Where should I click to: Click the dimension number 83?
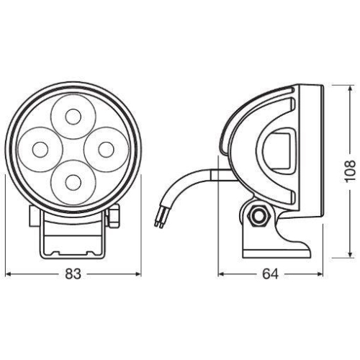point(72,274)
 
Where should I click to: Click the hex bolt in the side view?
point(257,215)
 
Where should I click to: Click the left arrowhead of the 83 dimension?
point(9,274)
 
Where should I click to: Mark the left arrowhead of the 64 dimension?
point(222,274)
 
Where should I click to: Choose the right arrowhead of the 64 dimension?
point(318,274)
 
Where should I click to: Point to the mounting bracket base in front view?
point(72,238)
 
